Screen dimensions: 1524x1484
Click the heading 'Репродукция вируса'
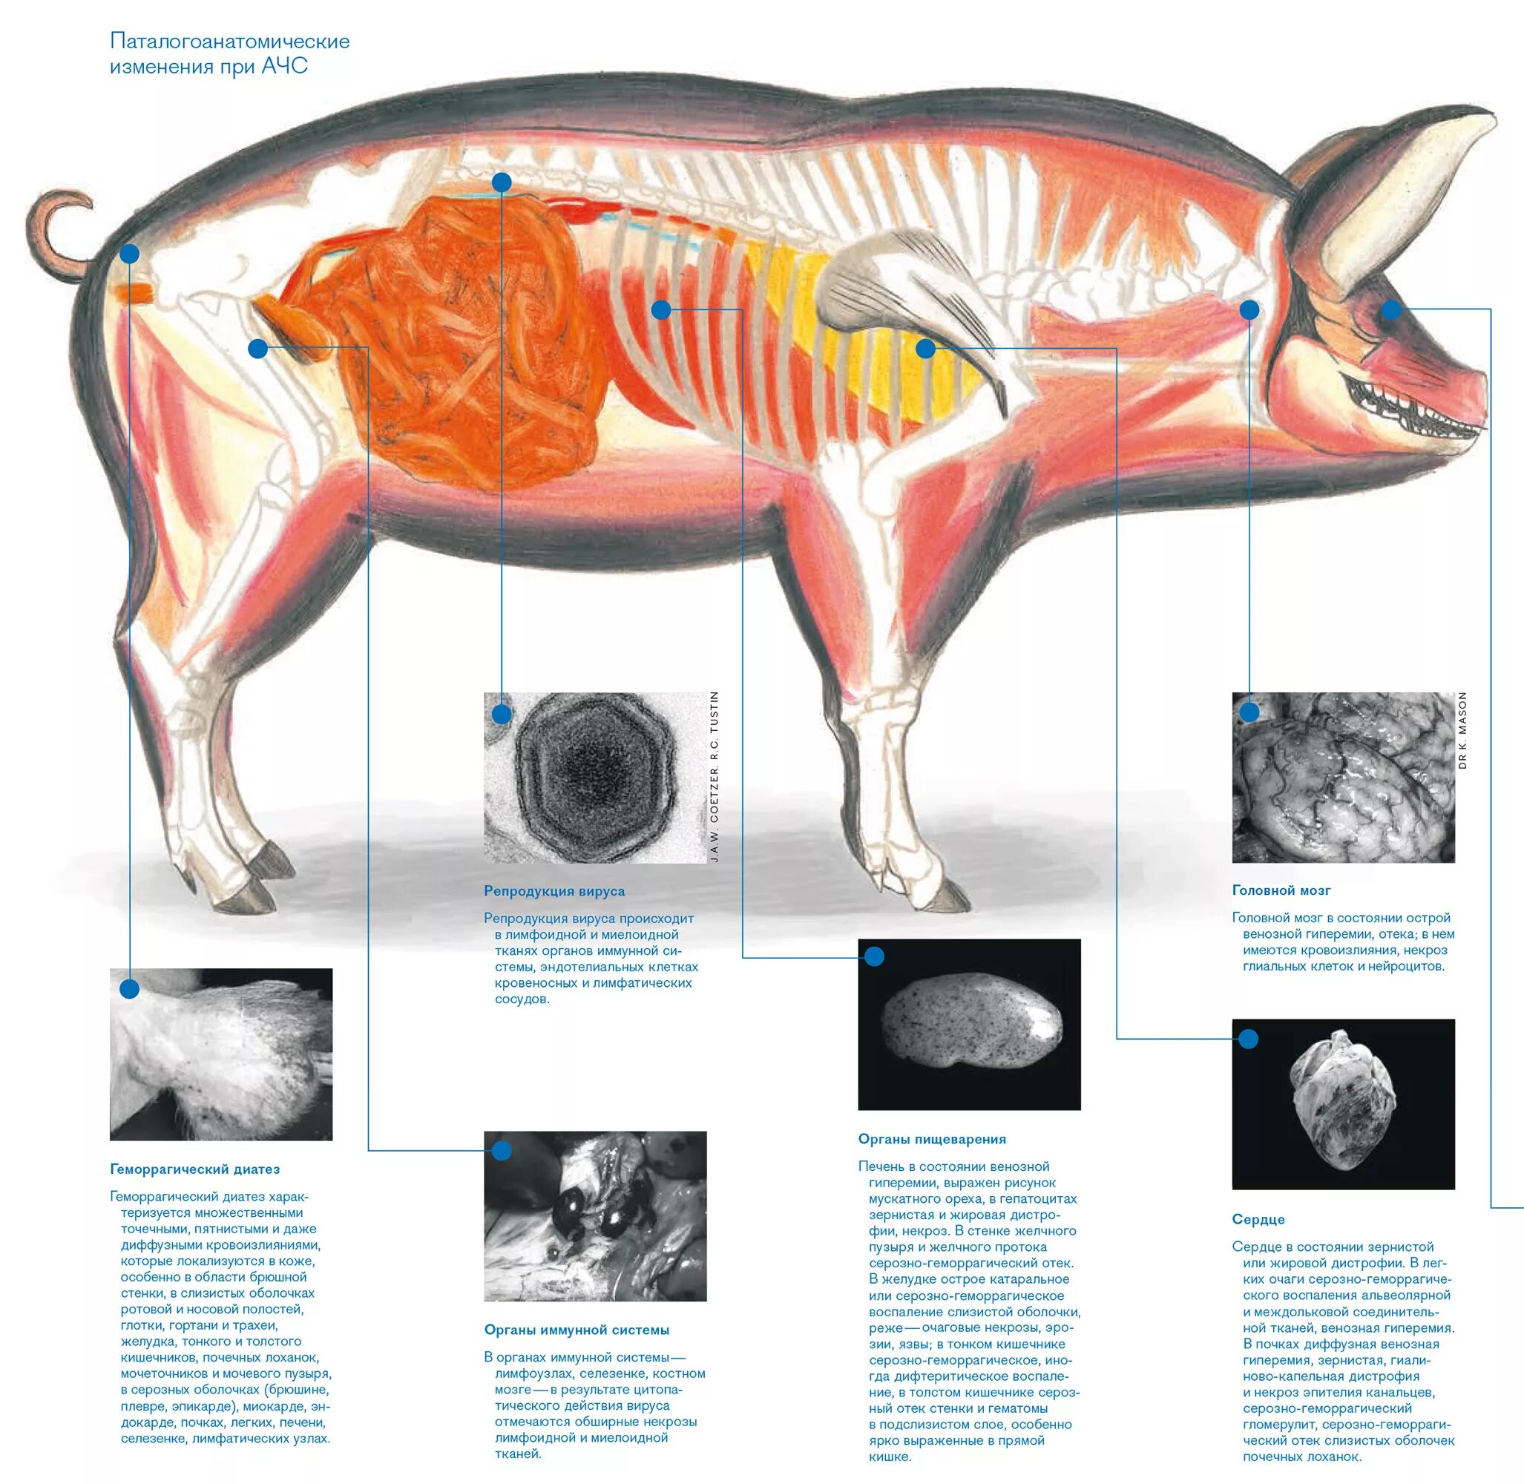[x=554, y=891]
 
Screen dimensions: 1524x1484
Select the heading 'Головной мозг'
[x=1281, y=890]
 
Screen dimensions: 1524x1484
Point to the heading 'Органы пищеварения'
[x=932, y=1139]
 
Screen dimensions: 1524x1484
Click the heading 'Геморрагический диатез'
[x=194, y=1169]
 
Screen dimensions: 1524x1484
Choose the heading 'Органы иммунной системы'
[x=576, y=1330]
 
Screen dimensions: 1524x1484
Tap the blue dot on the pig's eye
[x=1390, y=310]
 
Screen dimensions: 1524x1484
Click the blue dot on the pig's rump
[x=129, y=254]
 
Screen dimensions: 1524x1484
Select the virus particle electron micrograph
[x=595, y=778]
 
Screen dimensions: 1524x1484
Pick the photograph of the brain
[x=1342, y=778]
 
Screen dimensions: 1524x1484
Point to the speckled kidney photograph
[x=969, y=1024]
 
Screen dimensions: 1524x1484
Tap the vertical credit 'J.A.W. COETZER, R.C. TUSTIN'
[x=714, y=777]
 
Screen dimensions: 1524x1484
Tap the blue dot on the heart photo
[x=1248, y=1039]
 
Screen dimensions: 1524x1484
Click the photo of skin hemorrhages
[x=220, y=1054]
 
